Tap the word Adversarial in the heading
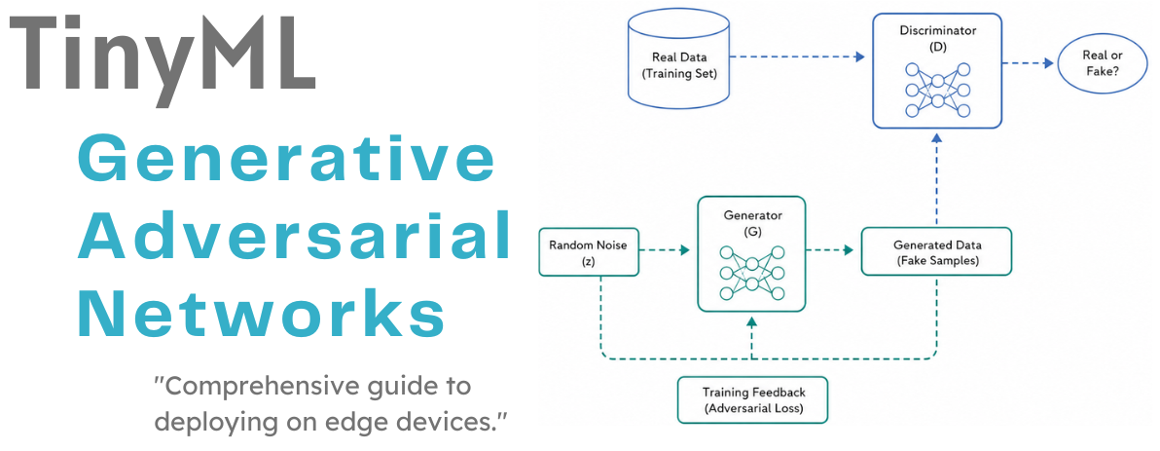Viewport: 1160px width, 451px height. coord(295,233)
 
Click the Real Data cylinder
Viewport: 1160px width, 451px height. coord(679,65)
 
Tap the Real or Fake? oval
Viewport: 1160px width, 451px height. coord(1103,64)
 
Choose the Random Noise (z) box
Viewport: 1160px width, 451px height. coord(588,251)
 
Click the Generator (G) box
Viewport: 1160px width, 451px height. coord(751,253)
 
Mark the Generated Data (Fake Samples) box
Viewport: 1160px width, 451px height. coord(936,251)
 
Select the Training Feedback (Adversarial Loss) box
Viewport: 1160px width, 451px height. coord(752,400)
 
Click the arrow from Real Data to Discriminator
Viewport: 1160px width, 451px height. coord(799,56)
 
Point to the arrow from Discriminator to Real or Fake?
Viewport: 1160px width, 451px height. coord(1029,63)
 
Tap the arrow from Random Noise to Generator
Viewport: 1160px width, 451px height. coord(664,251)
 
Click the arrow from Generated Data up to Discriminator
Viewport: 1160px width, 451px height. coord(936,180)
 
